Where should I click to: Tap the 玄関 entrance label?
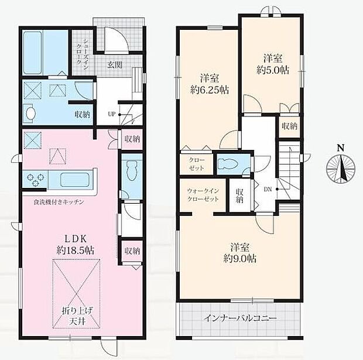coord(115,65)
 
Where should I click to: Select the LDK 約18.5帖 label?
coord(76,245)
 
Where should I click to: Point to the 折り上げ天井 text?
coord(77,316)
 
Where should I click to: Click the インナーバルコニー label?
coord(240,318)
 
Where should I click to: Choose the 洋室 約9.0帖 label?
coord(240,253)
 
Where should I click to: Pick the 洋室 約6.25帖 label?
coord(210,84)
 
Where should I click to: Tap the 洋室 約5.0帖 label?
coord(273,64)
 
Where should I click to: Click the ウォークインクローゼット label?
coord(203,195)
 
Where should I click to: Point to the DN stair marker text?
coord(268,189)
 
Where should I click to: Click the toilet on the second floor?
coord(228,164)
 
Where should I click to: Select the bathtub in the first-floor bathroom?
coord(33,53)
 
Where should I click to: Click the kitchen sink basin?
coord(75,180)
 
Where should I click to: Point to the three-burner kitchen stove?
coord(35,180)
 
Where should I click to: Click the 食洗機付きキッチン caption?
coord(59,202)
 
